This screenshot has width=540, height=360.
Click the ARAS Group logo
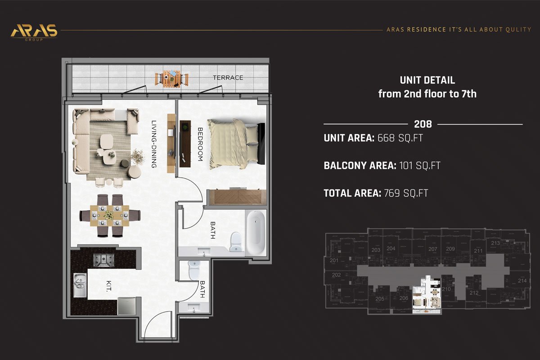34,31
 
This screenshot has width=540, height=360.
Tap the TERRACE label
228,78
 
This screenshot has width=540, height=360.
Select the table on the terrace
171,78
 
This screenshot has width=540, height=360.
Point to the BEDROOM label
200,144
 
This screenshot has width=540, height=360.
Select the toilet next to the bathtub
235,242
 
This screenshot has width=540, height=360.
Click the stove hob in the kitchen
103,260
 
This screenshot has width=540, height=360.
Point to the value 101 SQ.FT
419,166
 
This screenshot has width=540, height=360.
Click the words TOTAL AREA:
352,193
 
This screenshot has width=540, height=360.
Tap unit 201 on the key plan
334,261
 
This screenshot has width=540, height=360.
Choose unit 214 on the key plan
522,281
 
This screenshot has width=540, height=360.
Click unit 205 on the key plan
380,299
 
